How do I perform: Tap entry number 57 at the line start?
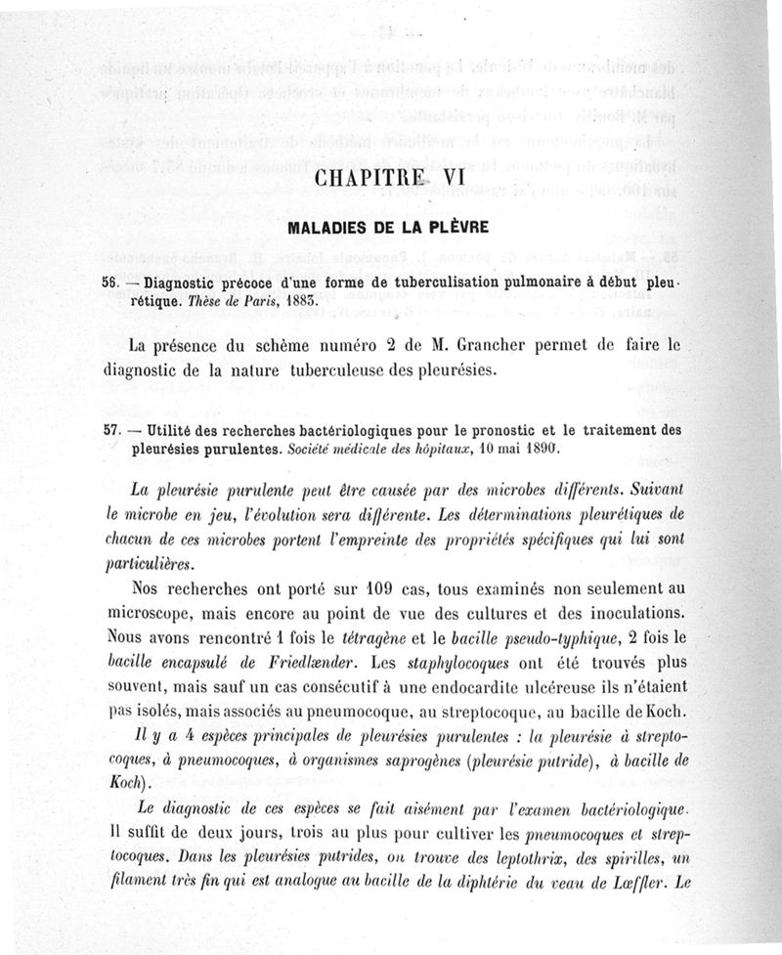pos(110,431)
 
